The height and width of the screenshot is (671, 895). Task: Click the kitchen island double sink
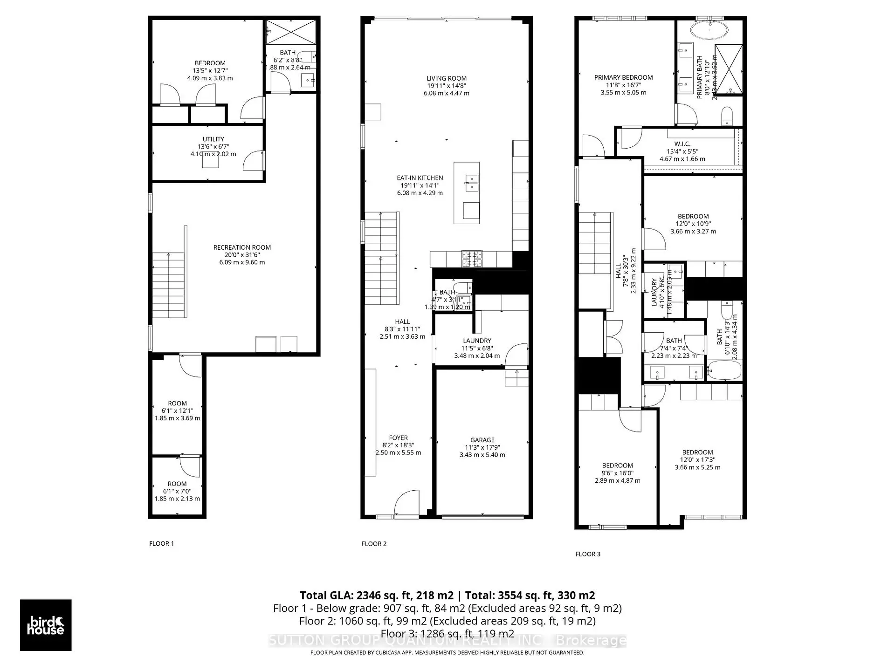471,183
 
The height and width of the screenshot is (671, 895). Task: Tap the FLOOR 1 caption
161,543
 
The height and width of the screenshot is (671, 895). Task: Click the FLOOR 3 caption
588,554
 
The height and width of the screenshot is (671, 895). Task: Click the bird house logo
46,625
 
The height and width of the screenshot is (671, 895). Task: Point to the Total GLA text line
447,595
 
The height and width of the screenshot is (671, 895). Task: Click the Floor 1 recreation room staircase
169,285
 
